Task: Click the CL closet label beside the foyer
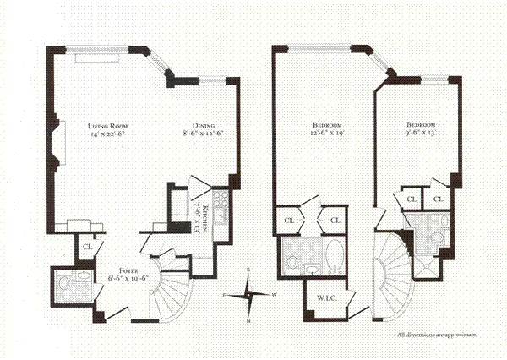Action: tap(87, 247)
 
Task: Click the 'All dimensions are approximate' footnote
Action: tap(437, 335)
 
